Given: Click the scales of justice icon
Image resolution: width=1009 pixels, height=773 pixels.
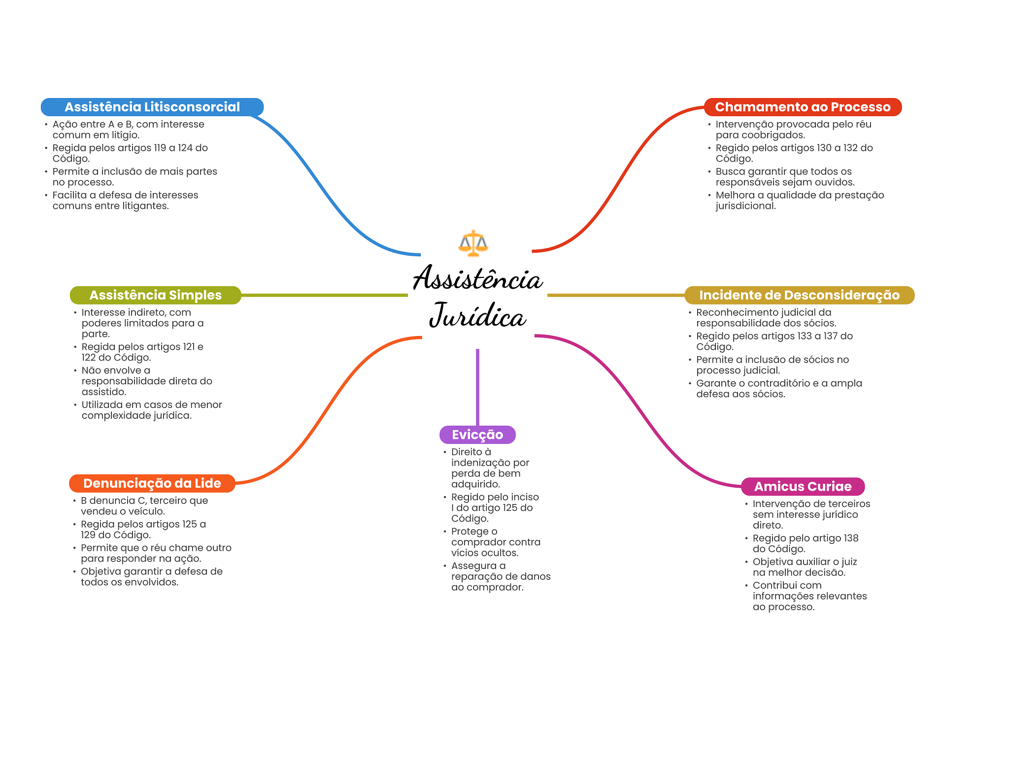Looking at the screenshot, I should coord(473,243).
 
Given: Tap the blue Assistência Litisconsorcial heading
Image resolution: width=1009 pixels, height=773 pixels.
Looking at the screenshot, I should coord(152,107).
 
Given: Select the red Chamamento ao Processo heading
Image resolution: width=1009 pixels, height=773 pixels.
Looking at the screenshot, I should coord(803,107).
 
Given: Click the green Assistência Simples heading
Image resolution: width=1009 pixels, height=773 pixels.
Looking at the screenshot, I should coord(155,295).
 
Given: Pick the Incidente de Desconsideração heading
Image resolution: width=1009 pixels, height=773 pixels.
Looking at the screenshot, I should coord(799,295).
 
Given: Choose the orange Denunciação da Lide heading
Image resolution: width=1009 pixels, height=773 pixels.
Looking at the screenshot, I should coord(152,483).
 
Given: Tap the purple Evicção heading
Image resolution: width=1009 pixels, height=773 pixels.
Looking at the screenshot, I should coord(477,435).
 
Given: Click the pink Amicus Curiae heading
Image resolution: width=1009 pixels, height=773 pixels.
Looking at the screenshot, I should coord(803,486).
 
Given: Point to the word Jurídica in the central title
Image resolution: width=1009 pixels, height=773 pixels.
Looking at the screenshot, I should coord(477,315).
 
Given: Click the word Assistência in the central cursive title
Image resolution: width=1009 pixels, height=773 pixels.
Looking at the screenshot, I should coord(477,278).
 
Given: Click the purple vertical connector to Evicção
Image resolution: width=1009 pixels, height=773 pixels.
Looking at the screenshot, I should coord(477,387).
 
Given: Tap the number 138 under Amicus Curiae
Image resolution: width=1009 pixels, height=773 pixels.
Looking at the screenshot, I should coord(850,538).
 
